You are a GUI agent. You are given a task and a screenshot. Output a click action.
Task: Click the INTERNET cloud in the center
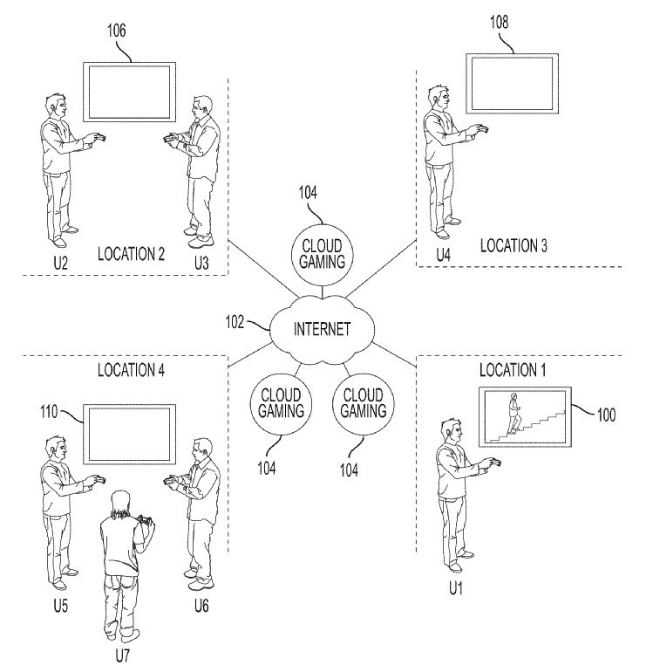pyautogui.click(x=323, y=329)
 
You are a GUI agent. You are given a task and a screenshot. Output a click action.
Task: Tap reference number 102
pyautogui.click(x=235, y=322)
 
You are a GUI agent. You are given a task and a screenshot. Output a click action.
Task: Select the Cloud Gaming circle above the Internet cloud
pyautogui.click(x=322, y=255)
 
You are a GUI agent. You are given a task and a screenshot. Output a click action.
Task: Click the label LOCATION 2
pyautogui.click(x=131, y=254)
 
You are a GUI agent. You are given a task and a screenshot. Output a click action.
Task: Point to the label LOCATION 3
pyautogui.click(x=513, y=245)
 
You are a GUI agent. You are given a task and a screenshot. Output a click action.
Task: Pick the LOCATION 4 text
pyautogui.click(x=131, y=370)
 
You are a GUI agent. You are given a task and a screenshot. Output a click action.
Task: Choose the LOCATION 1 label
pyautogui.click(x=513, y=370)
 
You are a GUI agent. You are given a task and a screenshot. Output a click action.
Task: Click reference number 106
pyautogui.click(x=117, y=31)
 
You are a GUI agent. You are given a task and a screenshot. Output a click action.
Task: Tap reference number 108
pyautogui.click(x=500, y=22)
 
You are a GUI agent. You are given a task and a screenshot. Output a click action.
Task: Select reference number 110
pyautogui.click(x=49, y=412)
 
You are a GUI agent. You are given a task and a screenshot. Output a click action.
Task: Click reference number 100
pyautogui.click(x=606, y=415)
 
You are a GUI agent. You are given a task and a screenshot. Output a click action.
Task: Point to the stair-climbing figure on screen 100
pyautogui.click(x=513, y=414)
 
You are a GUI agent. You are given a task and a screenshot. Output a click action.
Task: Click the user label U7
pyautogui.click(x=122, y=655)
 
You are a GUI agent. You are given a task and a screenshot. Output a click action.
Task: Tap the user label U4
pyautogui.click(x=444, y=256)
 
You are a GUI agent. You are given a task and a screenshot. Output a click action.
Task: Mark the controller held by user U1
pyautogui.click(x=494, y=463)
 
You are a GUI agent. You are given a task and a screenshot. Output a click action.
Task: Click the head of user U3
pyautogui.click(x=202, y=109)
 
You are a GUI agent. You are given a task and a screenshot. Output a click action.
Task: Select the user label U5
pyautogui.click(x=61, y=606)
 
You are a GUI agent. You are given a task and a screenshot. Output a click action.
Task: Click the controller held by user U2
pyautogui.click(x=99, y=138)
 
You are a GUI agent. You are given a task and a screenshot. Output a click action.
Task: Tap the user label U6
pyautogui.click(x=201, y=606)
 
